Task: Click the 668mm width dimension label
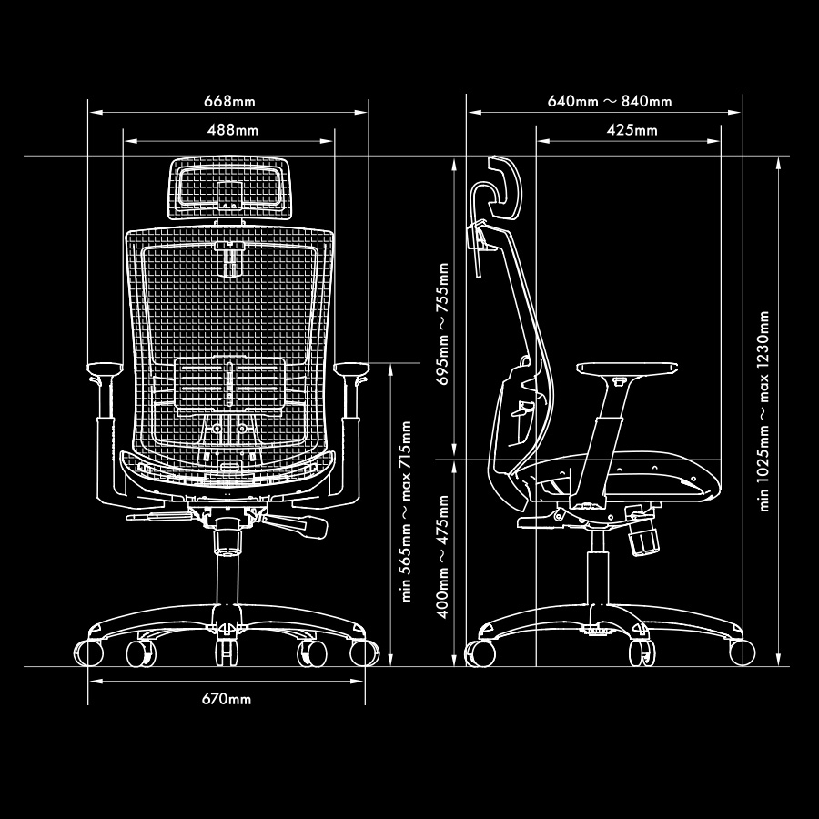[x=228, y=99]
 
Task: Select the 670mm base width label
[x=226, y=700]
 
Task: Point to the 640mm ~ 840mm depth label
[x=610, y=100]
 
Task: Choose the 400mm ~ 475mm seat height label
[x=443, y=557]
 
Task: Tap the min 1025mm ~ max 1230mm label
[x=764, y=411]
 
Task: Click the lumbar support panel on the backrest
[x=230, y=386]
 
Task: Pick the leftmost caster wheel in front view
[x=92, y=653]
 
